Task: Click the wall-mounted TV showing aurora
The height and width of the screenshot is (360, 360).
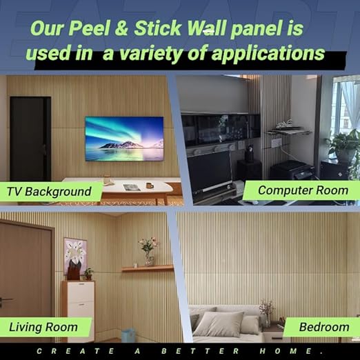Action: [124, 138]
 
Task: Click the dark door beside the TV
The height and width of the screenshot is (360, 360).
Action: [30, 139]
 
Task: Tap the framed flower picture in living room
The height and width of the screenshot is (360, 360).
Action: [75, 254]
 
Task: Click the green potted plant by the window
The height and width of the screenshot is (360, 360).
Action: [343, 146]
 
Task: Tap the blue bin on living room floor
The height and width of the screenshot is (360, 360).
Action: [128, 334]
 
